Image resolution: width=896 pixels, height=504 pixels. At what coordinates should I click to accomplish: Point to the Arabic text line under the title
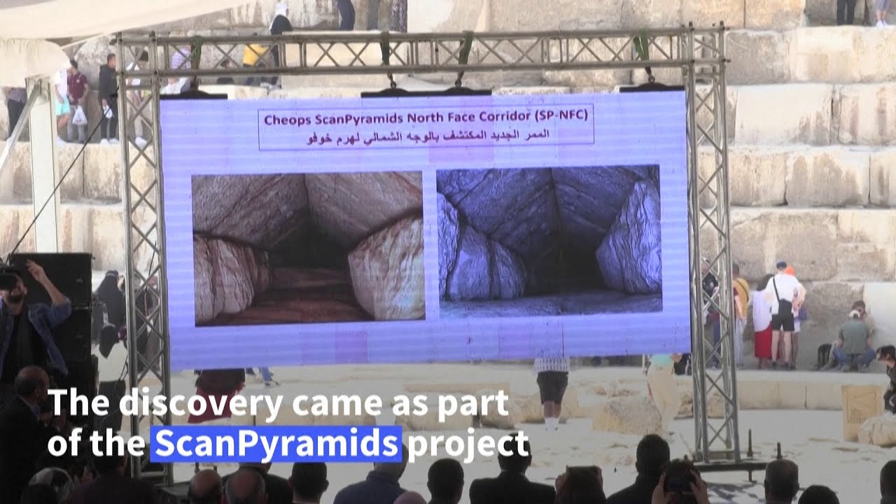pyautogui.click(x=428, y=136)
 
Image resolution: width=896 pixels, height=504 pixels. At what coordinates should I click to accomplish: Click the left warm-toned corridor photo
pyautogui.click(x=309, y=248)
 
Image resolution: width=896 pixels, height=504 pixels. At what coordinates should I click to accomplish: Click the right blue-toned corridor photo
pyautogui.click(x=549, y=240)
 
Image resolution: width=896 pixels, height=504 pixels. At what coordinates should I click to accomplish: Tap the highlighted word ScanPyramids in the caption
pyautogui.click(x=276, y=444)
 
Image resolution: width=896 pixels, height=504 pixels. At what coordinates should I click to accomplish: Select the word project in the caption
pyautogui.click(x=468, y=444)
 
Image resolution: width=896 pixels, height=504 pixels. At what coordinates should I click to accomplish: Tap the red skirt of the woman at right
pyautogui.click(x=763, y=342)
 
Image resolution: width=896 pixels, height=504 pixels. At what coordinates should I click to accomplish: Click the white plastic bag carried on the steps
pyautogui.click(x=79, y=116)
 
